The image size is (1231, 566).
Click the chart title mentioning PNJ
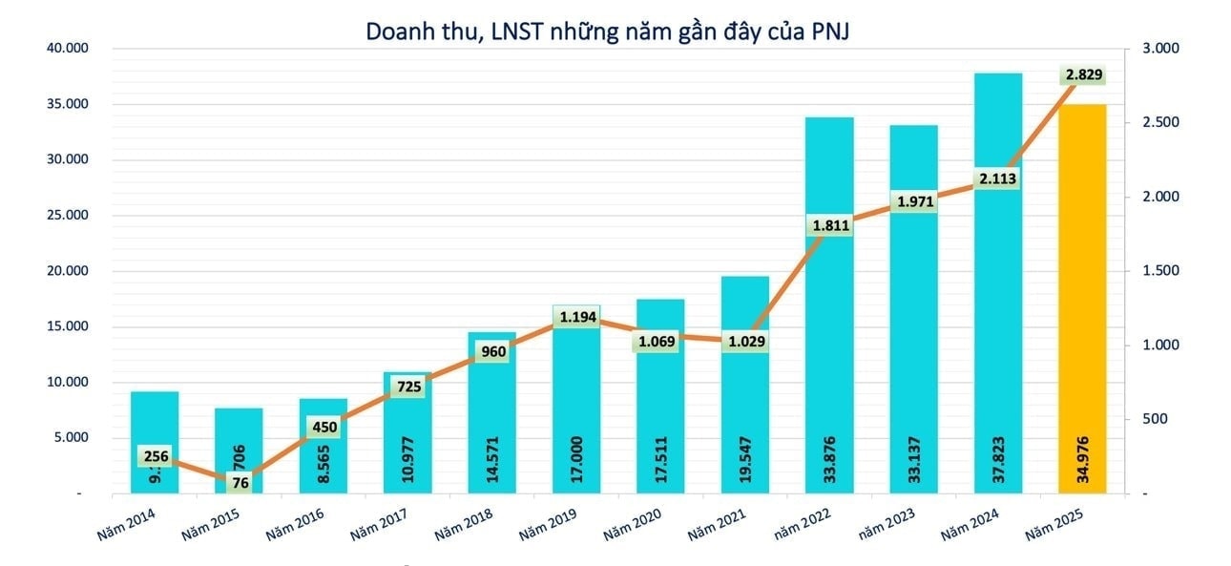608,31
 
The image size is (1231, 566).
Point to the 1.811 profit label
828,226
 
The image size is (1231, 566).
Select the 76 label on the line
240,483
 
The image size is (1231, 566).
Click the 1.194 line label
575,317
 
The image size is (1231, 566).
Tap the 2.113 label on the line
997,178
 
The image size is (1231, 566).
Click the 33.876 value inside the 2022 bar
829,458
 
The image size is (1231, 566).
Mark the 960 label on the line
492,351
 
